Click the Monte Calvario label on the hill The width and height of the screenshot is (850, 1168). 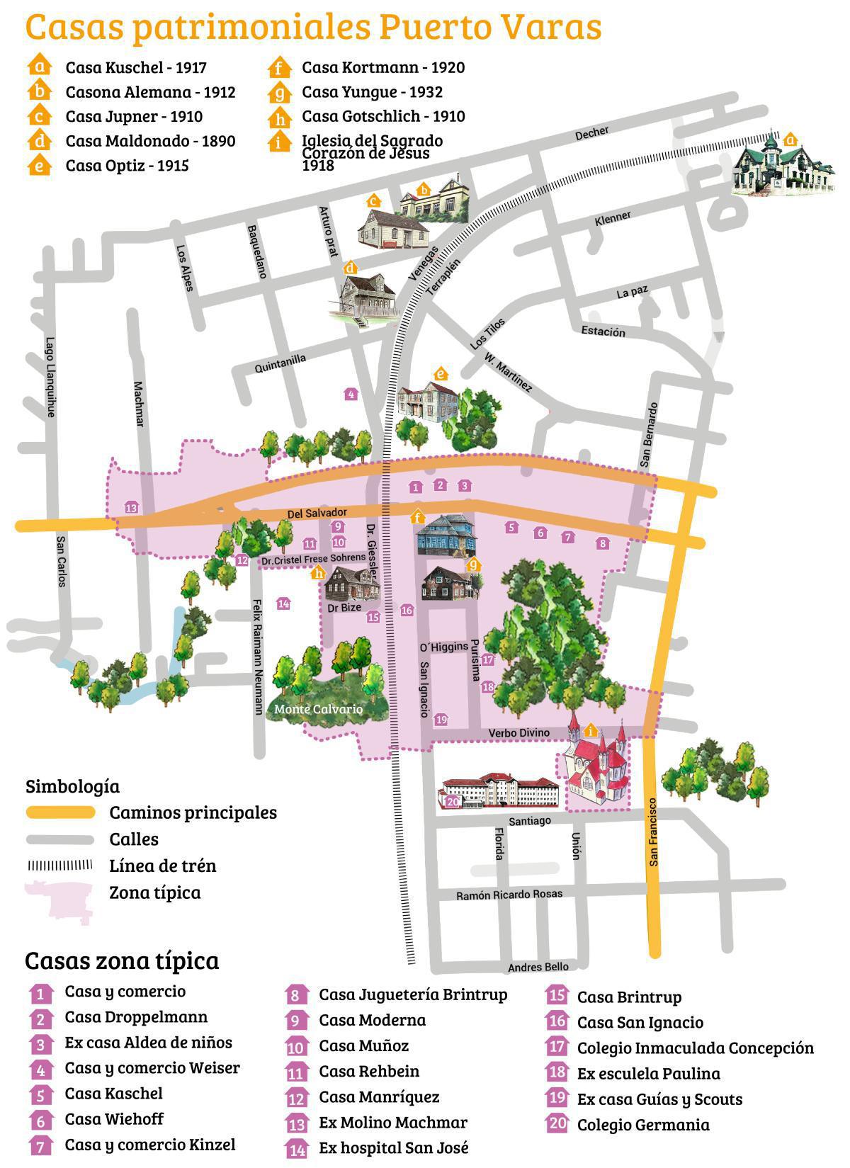pos(318,709)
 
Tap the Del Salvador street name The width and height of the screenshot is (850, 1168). pos(317,513)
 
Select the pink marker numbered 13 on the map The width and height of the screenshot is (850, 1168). pos(131,507)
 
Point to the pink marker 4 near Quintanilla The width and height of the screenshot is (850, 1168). pos(350,394)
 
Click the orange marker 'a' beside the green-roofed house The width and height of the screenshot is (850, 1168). pos(790,139)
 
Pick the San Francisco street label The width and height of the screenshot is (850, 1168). pos(653,832)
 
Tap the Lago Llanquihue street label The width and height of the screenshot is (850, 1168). pos(50,376)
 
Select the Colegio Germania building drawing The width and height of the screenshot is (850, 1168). pos(499,790)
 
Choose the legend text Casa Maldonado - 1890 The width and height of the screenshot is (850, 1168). pos(150,141)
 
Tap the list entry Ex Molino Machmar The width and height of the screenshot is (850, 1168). pos(393,1123)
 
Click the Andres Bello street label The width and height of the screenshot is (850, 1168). pos(538,967)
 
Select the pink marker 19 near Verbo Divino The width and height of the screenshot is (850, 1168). pos(441,720)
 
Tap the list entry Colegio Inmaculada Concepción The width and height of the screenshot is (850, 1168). pos(695,1048)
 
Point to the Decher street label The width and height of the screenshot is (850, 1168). pos(592,133)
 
